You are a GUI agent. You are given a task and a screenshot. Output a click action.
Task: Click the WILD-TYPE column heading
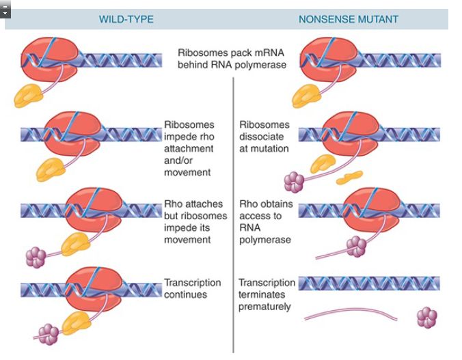tap(126, 19)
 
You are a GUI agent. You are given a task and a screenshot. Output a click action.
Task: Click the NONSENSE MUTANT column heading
tap(348, 19)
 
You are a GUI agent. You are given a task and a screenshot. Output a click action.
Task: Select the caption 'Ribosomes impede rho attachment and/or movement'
tap(189, 148)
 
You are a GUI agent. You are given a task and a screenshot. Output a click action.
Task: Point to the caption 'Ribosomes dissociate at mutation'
tap(264, 136)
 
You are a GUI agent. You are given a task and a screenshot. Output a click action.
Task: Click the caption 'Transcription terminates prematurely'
tap(267, 294)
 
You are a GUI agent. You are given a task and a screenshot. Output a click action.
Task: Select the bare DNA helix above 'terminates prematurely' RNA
tap(369, 283)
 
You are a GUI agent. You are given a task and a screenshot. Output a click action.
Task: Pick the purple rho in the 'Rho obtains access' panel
tap(355, 246)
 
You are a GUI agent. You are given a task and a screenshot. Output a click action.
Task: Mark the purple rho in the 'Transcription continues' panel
tap(49, 333)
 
